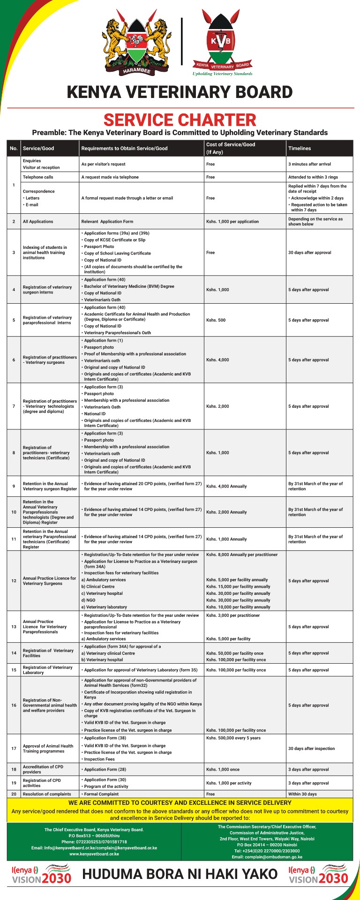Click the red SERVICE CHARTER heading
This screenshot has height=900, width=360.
pos(180,120)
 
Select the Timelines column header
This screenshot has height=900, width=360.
pos(300,148)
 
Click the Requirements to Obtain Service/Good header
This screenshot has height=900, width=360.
pos(124,148)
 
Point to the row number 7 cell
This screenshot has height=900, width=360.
pos(14,406)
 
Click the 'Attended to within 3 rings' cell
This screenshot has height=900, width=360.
pos(313,177)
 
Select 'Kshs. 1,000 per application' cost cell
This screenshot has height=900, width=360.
pos(233,222)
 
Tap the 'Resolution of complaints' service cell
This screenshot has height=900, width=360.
pos(47,794)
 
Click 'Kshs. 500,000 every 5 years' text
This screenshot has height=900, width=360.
pos(233,738)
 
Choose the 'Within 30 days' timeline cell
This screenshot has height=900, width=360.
pos(302,794)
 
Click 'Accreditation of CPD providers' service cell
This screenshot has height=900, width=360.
pos(43,770)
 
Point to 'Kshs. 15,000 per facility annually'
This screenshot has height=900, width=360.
pos(238,586)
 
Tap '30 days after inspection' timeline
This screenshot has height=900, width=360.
pos(311,749)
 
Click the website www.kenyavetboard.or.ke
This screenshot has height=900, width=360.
pos(94,854)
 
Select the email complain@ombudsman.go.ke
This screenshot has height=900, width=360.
pos(267,857)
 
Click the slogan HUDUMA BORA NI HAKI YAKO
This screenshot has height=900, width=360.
pos(180,875)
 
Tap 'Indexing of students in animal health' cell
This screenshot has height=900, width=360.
pos(45,253)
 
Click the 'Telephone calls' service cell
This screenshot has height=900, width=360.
pos(38,177)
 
